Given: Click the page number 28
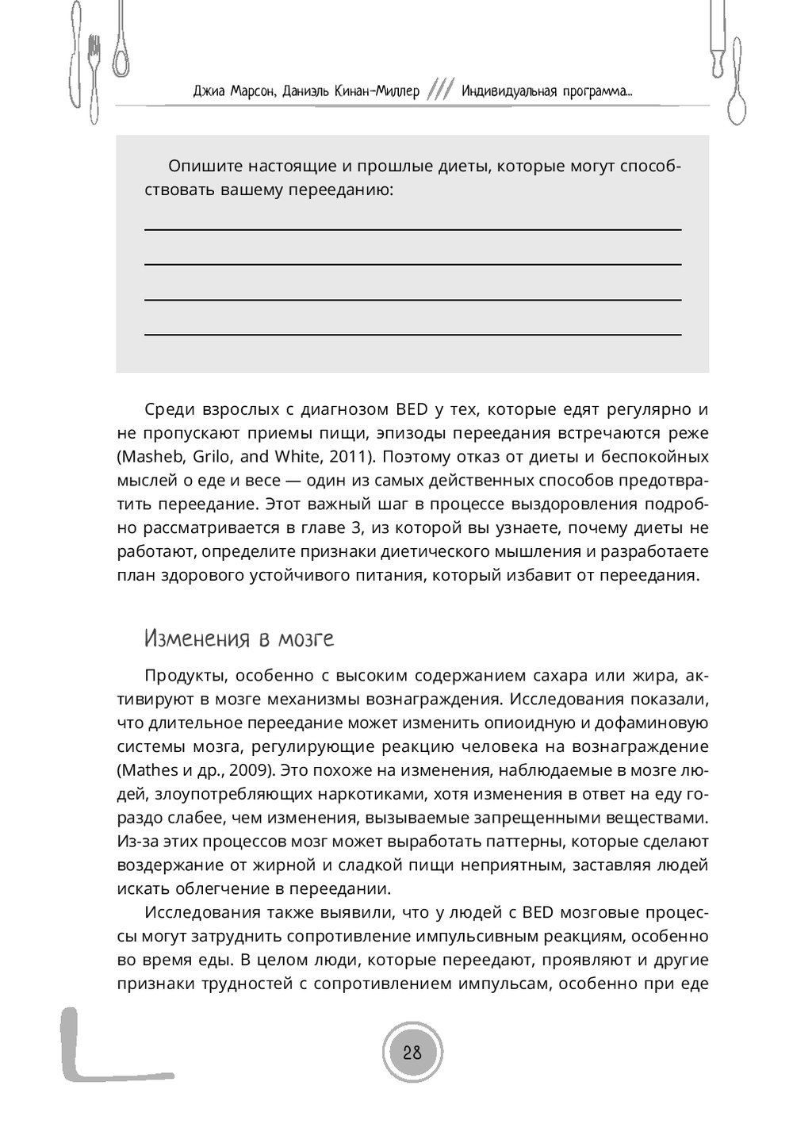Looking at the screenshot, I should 412,1053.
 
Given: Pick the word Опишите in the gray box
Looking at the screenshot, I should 205,167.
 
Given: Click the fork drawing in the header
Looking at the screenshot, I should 94,75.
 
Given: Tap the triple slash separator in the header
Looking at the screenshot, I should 440,90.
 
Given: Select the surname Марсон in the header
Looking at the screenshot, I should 252,91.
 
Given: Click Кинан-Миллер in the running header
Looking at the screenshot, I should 377,91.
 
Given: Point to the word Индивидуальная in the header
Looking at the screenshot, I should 509,91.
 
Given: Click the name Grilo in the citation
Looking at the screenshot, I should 212,457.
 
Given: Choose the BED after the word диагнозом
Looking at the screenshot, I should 412,410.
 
